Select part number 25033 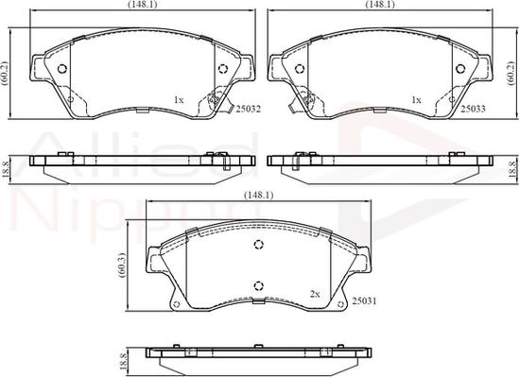474,109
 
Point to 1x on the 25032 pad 179,98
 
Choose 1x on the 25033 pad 416,98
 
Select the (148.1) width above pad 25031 258,196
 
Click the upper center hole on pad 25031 259,244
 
